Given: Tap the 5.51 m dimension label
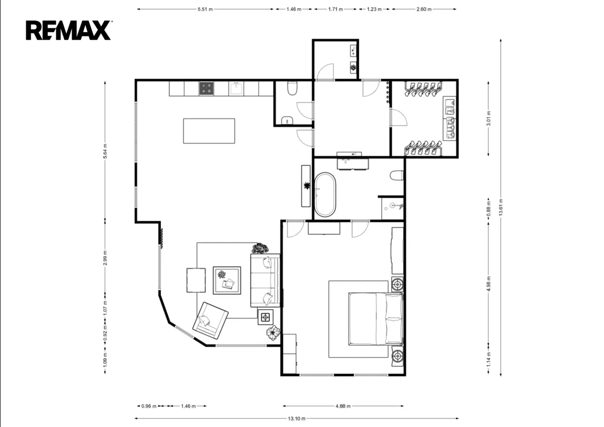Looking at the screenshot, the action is click(205, 9).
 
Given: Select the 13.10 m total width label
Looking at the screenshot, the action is click(296, 418).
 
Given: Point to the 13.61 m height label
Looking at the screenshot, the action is click(501, 207).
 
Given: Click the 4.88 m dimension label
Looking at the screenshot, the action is click(343, 406).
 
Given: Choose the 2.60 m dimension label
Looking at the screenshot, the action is click(424, 9).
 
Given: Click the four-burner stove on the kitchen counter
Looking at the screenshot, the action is click(206, 88).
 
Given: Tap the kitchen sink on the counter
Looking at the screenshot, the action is click(236, 88).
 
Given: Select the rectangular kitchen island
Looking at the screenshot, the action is click(209, 131).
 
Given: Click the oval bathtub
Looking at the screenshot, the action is click(325, 195).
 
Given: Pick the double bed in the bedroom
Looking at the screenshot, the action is click(376, 319).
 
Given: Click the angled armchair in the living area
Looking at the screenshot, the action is click(210, 321).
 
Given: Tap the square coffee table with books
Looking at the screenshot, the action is click(227, 280).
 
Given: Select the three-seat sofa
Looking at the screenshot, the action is click(265, 280).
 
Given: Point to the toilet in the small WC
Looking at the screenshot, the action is click(292, 88).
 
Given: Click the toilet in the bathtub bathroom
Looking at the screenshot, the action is click(397, 175).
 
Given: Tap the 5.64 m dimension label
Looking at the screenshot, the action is click(105, 151).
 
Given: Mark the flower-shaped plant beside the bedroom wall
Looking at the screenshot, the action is click(273, 333).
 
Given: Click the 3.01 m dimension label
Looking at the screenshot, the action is click(488, 118).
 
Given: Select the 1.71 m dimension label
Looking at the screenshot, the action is click(335, 9).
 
